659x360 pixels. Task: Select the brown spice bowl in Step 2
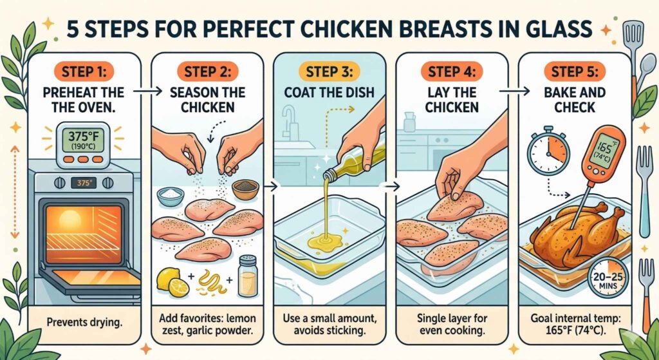pos(245,189)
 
